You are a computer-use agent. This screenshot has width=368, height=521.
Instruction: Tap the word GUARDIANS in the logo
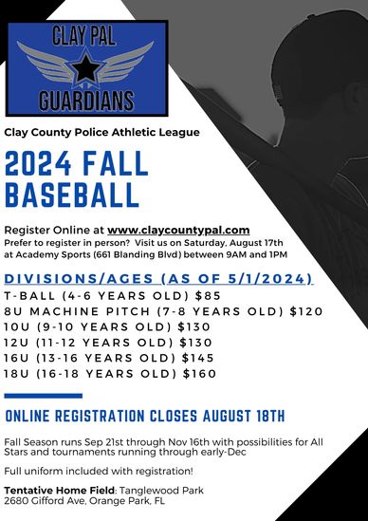pyautogui.click(x=87, y=100)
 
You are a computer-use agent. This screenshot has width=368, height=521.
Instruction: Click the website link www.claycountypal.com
pyautogui.click(x=178, y=230)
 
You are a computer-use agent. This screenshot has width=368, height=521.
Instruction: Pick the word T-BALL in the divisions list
pyautogui.click(x=27, y=294)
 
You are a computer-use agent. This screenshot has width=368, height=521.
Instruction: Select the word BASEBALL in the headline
pyautogui.click(x=72, y=195)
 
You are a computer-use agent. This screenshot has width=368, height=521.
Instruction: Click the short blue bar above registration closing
pyautogui.click(x=44, y=396)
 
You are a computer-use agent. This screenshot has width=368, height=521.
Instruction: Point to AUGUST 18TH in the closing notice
pyautogui.click(x=241, y=417)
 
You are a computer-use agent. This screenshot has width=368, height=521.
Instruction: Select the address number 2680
pyautogui.click(x=16, y=501)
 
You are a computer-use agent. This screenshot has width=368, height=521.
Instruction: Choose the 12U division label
pyautogui.click(x=16, y=342)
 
